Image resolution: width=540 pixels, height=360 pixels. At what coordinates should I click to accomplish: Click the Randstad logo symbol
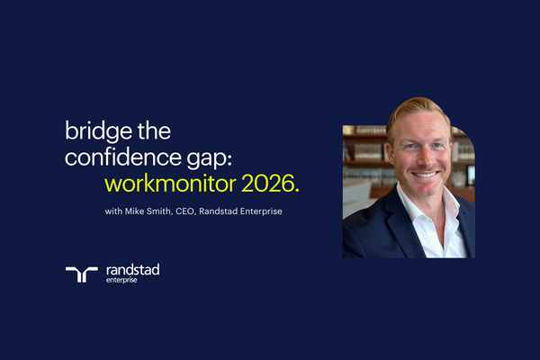click(x=81, y=274)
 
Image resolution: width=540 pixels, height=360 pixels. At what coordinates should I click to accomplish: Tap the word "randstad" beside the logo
click(x=132, y=269)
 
